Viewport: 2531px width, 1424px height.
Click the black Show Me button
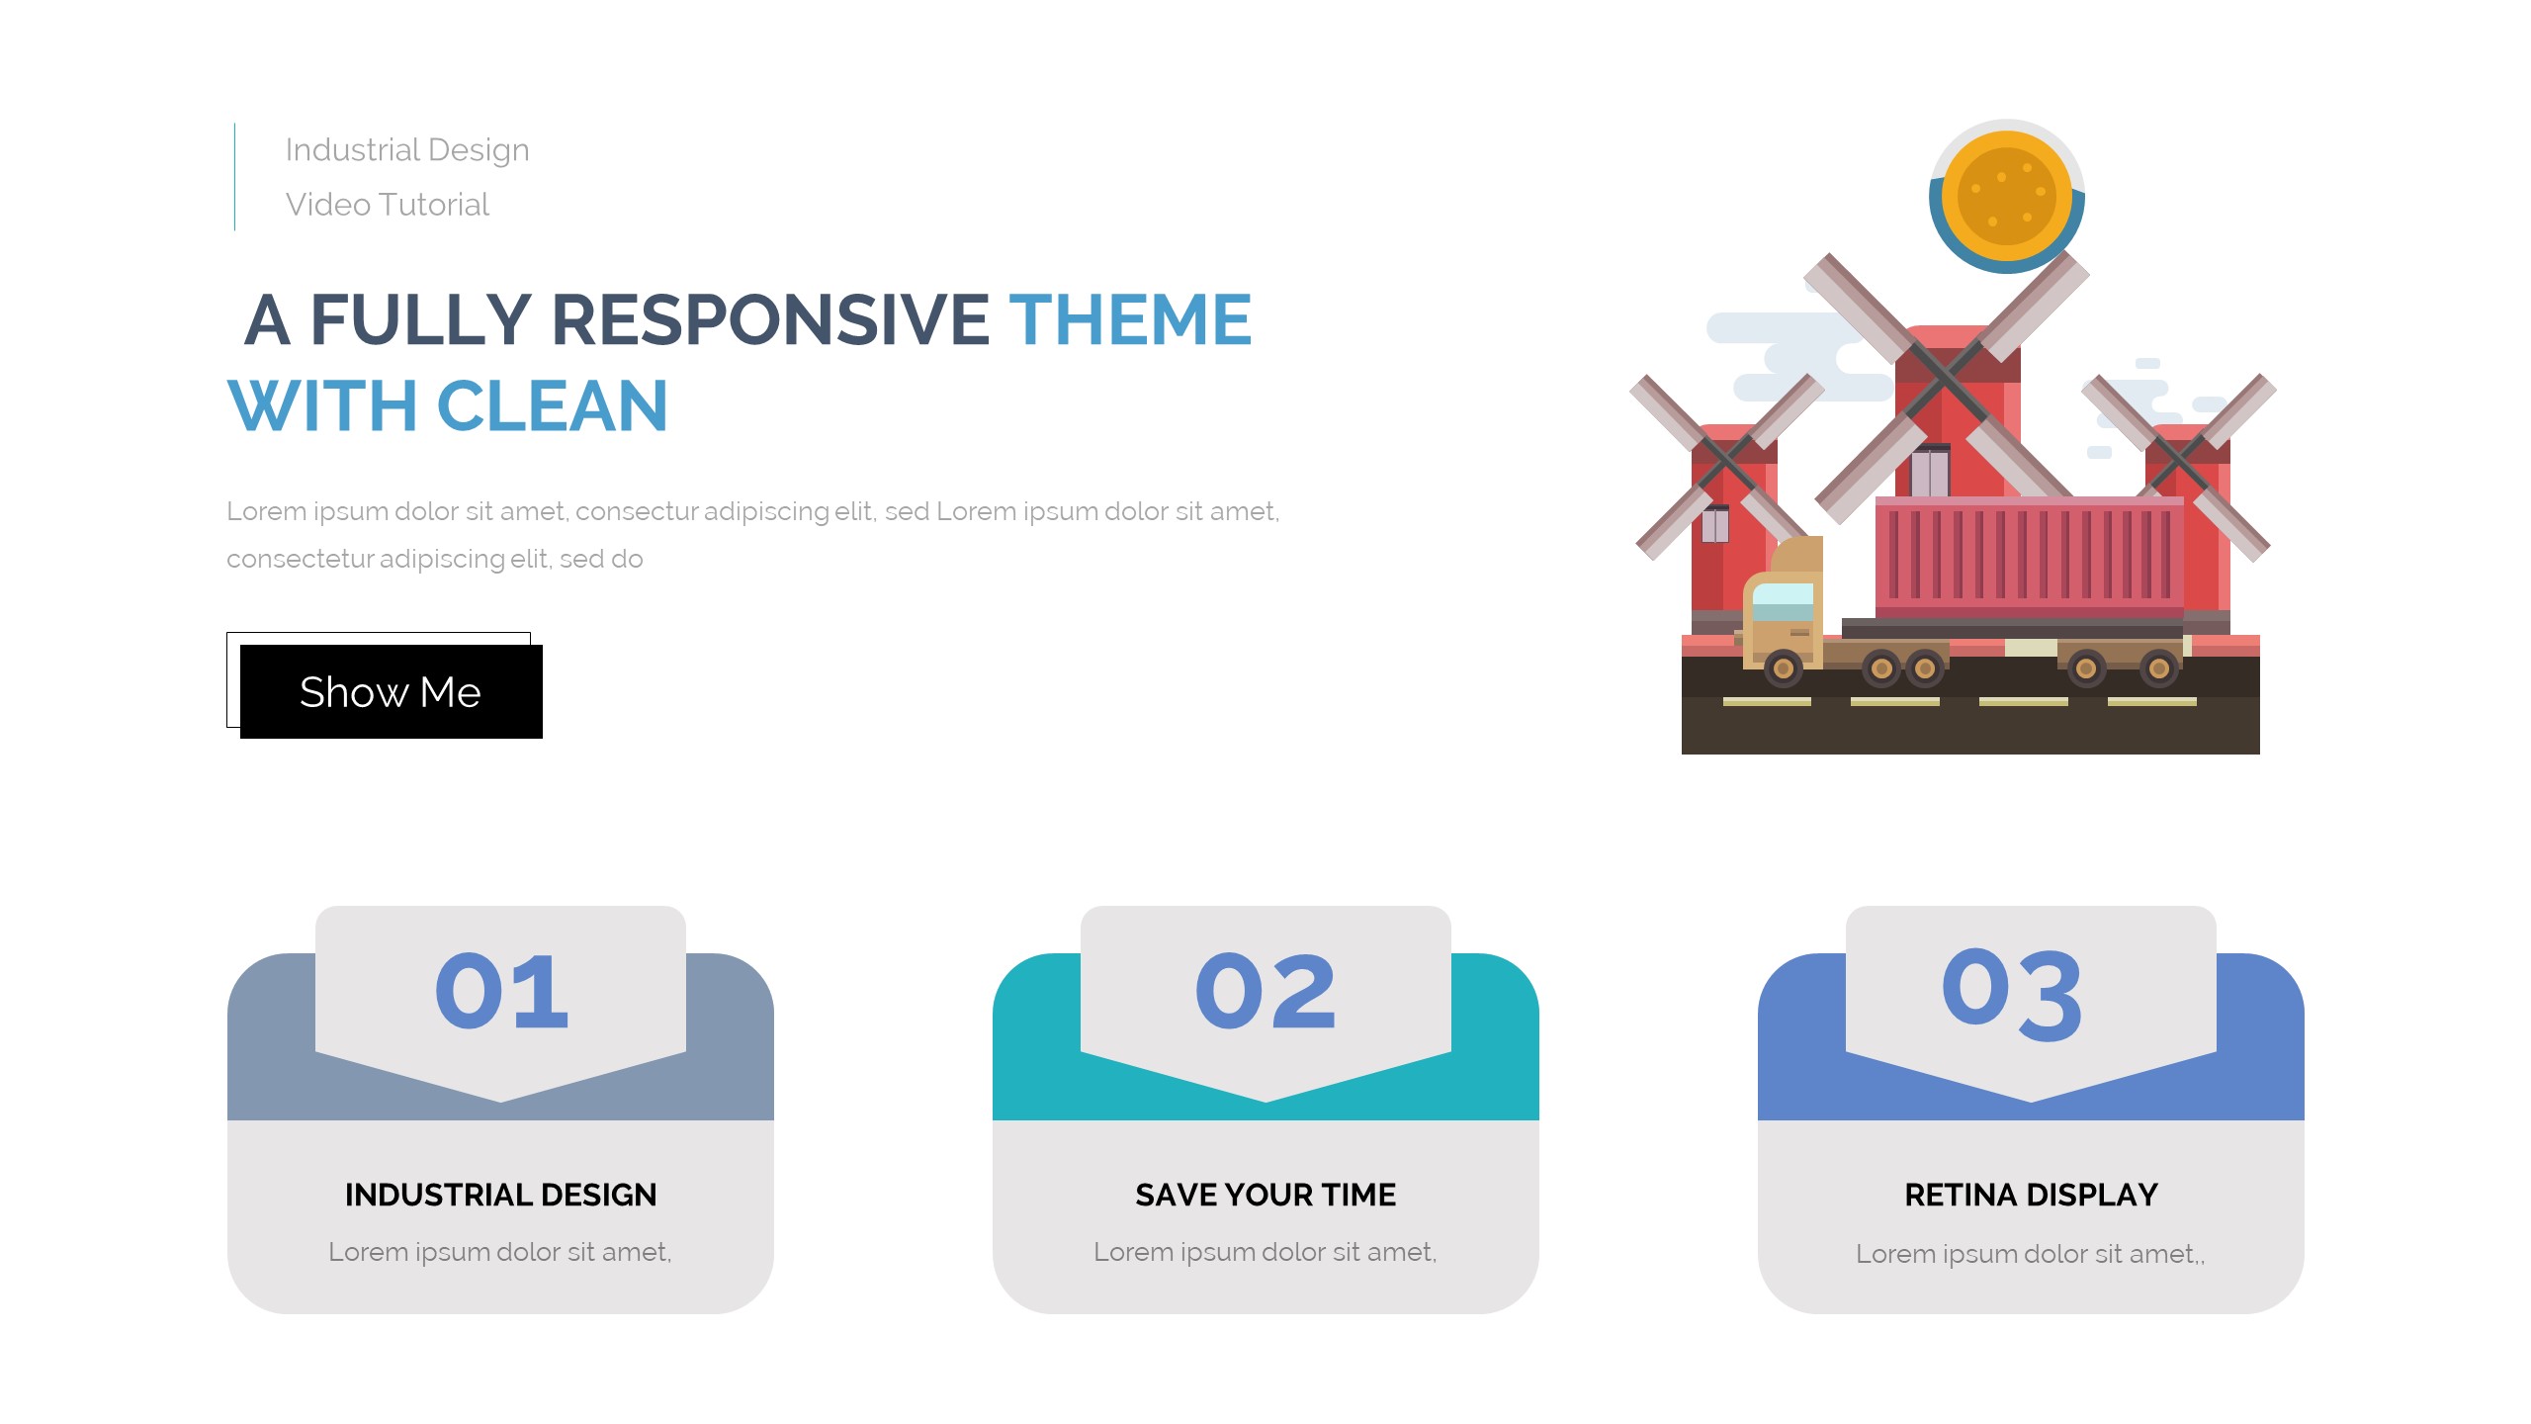click(x=391, y=691)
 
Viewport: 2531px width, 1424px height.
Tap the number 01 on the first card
click(x=501, y=991)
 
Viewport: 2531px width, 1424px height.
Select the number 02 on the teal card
click(x=1265, y=991)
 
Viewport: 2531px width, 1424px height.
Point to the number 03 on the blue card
click(x=2013, y=994)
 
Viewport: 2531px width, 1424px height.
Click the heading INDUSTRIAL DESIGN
click(x=500, y=1195)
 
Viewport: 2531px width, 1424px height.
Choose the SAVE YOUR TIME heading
click(x=1265, y=1195)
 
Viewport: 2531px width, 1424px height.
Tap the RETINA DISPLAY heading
click(x=2031, y=1195)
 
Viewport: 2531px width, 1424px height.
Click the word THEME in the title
click(x=1130, y=319)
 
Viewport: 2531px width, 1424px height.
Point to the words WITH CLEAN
click(x=448, y=406)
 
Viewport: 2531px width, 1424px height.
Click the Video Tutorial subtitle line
click(x=388, y=205)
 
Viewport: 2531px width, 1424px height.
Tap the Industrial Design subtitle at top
click(x=407, y=150)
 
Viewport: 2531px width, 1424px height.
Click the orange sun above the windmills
click(x=2006, y=195)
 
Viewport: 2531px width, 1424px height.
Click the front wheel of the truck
click(x=1783, y=669)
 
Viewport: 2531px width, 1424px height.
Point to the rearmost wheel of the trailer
click(x=2159, y=669)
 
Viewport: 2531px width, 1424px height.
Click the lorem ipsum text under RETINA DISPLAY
click(x=2031, y=1254)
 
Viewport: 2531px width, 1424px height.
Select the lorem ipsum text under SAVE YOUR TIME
click(x=1265, y=1252)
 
